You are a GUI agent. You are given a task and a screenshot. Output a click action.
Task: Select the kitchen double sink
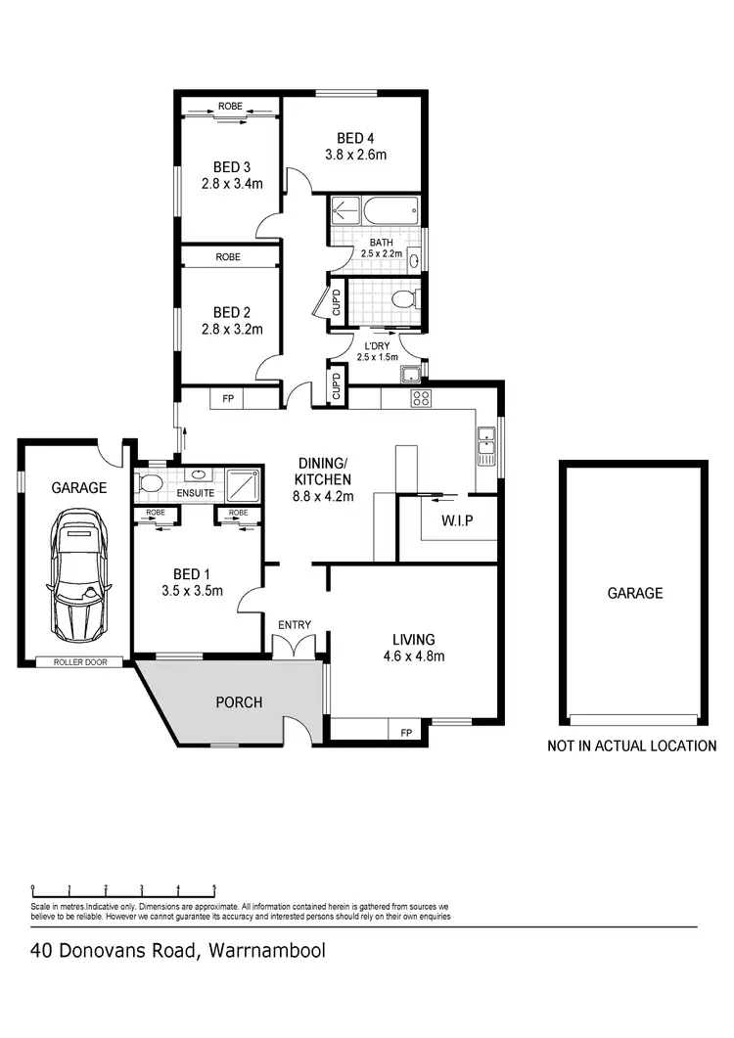pyautogui.click(x=485, y=446)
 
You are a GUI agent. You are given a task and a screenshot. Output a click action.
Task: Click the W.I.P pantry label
pyautogui.click(x=456, y=520)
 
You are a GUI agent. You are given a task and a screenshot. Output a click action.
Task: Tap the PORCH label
pyautogui.click(x=240, y=701)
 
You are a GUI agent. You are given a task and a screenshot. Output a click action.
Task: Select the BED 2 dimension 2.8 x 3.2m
pyautogui.click(x=231, y=329)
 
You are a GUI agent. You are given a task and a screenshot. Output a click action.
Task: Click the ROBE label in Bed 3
pyautogui.click(x=231, y=106)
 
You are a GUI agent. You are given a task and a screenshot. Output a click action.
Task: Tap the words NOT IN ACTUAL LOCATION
pyautogui.click(x=631, y=745)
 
